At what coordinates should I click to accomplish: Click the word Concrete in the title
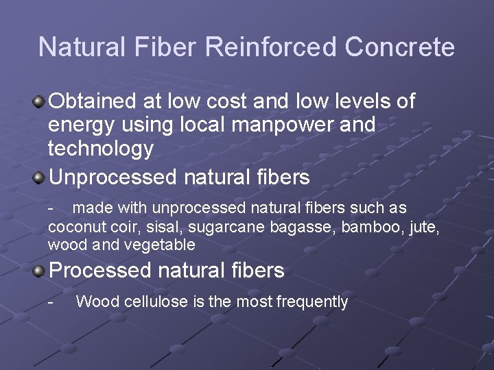[399, 47]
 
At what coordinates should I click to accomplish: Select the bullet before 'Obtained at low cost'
[40, 102]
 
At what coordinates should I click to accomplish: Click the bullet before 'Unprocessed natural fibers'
[40, 178]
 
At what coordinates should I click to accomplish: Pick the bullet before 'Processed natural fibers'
[40, 271]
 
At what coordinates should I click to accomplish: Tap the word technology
[101, 149]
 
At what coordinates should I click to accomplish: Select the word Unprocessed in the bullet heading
[113, 178]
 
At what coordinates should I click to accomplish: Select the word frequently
[312, 301]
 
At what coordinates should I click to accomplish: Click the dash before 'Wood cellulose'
[51, 301]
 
